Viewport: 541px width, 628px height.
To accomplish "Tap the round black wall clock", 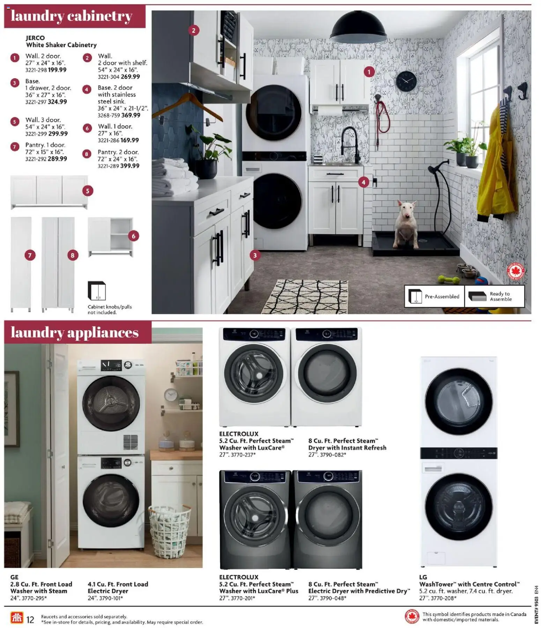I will click(x=406, y=81).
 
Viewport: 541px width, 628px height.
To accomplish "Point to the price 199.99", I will click(x=57, y=70).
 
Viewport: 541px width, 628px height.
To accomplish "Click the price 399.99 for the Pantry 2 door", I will click(x=130, y=166).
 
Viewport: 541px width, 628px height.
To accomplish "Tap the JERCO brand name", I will click(x=35, y=38).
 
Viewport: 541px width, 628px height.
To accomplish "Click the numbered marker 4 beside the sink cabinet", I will click(x=363, y=182).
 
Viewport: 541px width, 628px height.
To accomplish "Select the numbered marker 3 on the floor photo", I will click(x=255, y=255).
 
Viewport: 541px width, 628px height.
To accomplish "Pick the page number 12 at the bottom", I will click(x=30, y=619).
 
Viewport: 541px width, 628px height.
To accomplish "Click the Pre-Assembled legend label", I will click(x=442, y=296).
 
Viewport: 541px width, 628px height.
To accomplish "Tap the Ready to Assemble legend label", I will click(x=500, y=296).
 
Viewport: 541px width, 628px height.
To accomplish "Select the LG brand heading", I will click(x=423, y=577).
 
